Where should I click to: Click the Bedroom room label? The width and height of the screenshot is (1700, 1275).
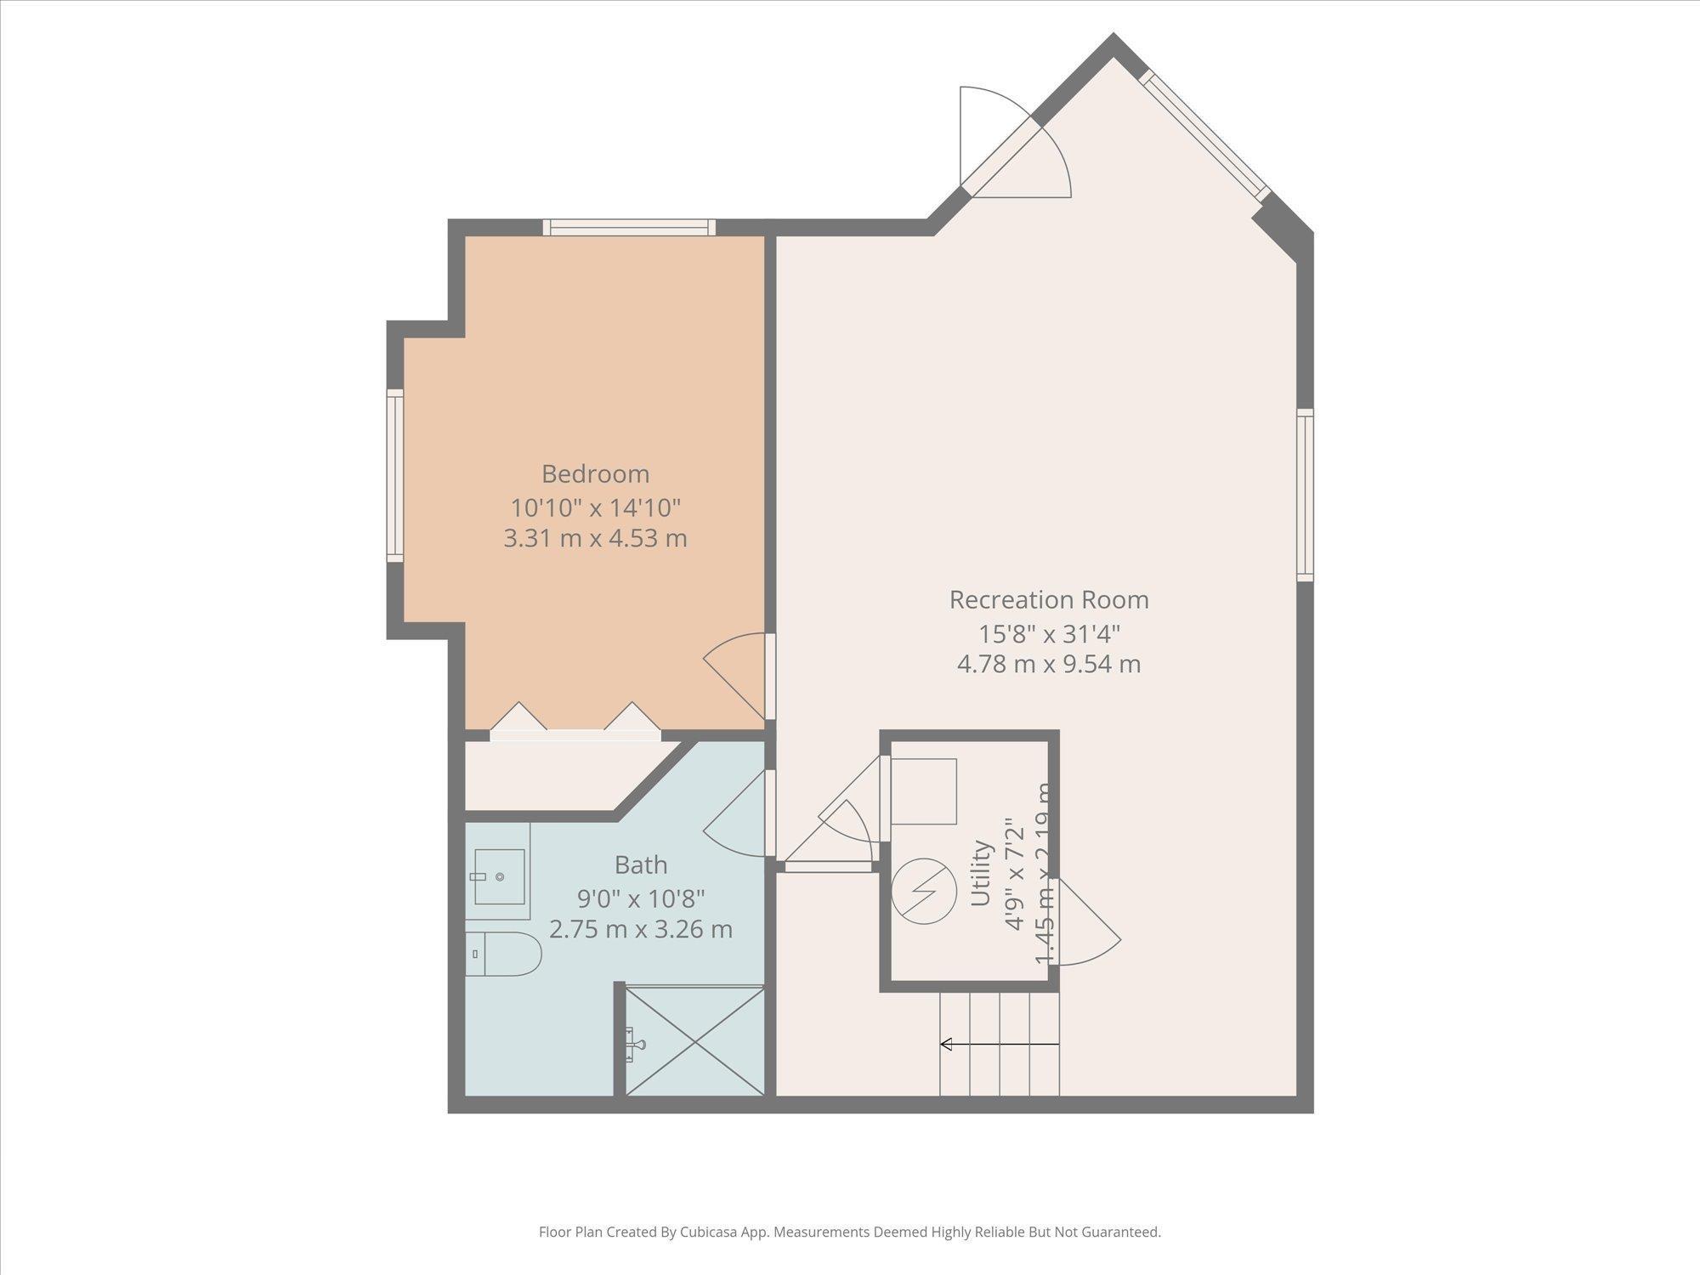[x=595, y=473]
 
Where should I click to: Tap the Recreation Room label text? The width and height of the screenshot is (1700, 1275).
[x=1048, y=600]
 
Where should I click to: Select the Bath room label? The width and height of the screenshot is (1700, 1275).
[x=640, y=865]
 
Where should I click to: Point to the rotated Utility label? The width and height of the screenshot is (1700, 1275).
[x=981, y=873]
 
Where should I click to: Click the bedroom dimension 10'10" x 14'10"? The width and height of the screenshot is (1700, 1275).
[x=595, y=508]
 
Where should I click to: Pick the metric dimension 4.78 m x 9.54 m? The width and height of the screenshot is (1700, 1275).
[x=1048, y=664]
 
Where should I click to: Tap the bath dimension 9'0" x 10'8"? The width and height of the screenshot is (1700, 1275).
[x=640, y=898]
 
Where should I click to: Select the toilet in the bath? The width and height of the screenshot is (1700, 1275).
[x=503, y=954]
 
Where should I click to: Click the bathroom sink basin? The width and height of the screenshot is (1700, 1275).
[x=499, y=876]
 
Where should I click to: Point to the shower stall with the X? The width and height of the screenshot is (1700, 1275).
[x=694, y=1040]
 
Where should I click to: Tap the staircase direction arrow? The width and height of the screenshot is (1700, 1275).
[x=999, y=1044]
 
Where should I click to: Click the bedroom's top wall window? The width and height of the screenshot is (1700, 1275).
[x=629, y=227]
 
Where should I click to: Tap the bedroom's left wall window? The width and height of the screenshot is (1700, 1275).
[x=394, y=475]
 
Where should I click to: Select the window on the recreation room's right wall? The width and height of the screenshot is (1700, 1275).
[x=1305, y=495]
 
